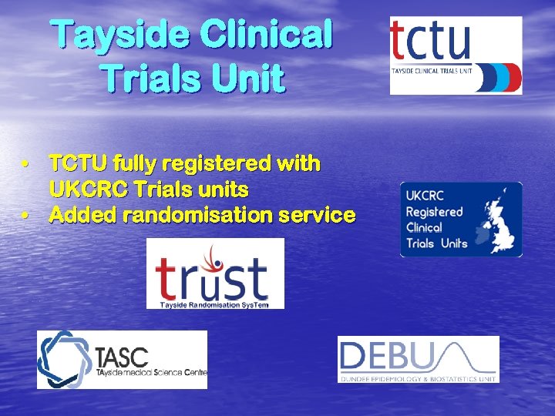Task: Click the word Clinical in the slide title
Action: (x=265, y=35)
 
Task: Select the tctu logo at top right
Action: (x=456, y=55)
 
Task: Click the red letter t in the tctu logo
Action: (x=400, y=42)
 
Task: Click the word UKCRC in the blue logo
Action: (x=425, y=196)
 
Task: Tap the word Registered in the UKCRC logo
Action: (x=434, y=211)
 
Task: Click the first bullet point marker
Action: (x=25, y=164)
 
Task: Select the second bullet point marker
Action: (x=25, y=215)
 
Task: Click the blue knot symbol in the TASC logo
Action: (x=65, y=359)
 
